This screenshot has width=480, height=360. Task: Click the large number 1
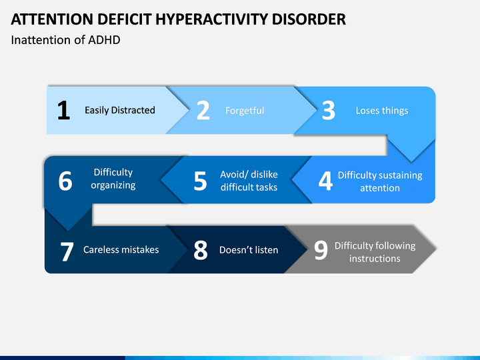[x=64, y=110]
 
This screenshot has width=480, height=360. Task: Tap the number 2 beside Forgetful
[x=203, y=110]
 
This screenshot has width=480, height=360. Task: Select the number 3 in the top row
[x=329, y=110]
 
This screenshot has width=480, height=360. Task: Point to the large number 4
[x=325, y=181]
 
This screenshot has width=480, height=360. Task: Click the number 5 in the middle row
[x=200, y=181]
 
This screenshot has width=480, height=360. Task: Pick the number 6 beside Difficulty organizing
[x=65, y=181]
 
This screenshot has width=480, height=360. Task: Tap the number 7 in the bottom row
[x=67, y=251]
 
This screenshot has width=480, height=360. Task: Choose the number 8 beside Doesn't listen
[x=201, y=250]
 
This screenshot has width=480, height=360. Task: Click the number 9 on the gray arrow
[x=321, y=251]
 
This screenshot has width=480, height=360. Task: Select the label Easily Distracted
[x=120, y=110]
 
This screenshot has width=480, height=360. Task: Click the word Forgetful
[x=245, y=111]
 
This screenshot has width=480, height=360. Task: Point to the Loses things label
[x=382, y=111]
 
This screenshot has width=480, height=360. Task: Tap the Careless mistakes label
[x=121, y=250]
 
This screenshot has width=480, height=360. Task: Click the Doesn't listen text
[x=249, y=250]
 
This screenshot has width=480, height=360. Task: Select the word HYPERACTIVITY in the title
[x=211, y=19]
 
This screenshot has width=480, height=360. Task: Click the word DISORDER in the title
[x=309, y=19]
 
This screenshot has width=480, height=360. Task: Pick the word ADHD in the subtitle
[x=104, y=40]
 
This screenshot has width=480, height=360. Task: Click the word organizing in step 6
[x=113, y=185]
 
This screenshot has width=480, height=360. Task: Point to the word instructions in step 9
[x=375, y=259]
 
